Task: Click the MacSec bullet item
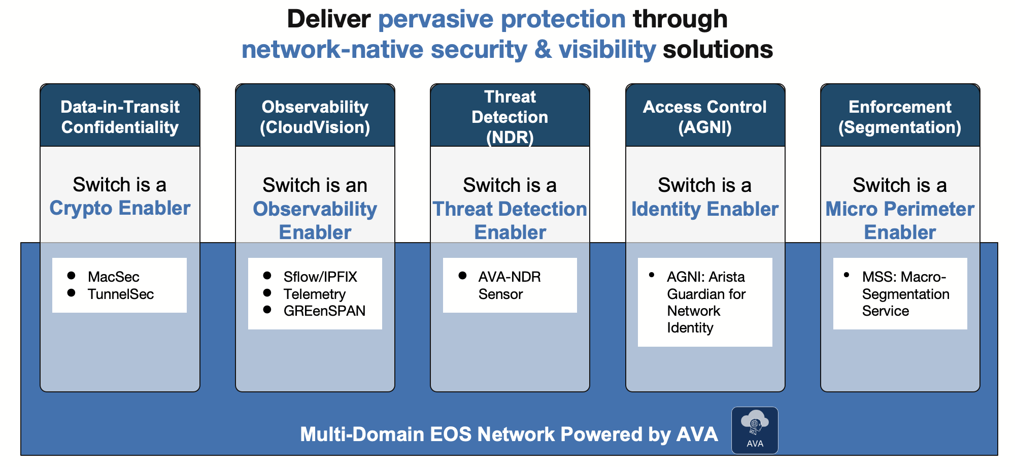(x=113, y=277)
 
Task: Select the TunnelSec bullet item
(x=120, y=294)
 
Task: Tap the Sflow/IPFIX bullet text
(x=320, y=277)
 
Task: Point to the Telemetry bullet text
(x=314, y=294)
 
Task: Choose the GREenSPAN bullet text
(x=324, y=311)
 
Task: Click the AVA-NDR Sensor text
(x=509, y=285)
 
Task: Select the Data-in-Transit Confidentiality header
(x=120, y=117)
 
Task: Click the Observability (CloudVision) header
(x=315, y=117)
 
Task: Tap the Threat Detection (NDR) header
(x=510, y=117)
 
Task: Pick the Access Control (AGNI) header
(x=704, y=117)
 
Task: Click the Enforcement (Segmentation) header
(x=900, y=117)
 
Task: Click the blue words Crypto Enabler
(x=120, y=208)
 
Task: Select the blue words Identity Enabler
(x=704, y=209)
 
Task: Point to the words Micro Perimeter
(x=900, y=209)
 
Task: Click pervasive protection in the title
(x=501, y=19)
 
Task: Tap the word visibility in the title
(x=607, y=50)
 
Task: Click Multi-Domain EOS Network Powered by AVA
(x=509, y=435)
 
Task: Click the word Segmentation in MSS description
(x=905, y=294)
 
